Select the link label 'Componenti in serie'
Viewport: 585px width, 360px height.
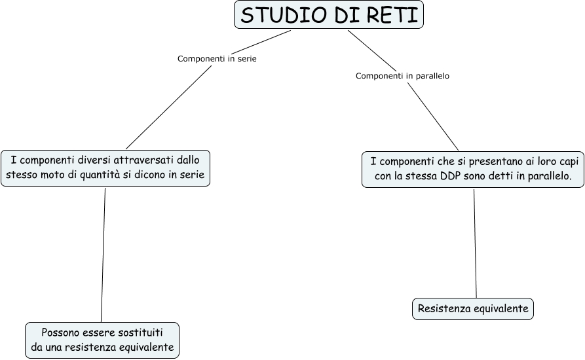[217, 58]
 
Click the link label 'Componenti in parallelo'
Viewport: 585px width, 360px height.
[402, 76]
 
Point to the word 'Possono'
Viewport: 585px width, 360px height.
[62, 332]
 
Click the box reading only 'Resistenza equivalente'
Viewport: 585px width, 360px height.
[472, 308]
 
